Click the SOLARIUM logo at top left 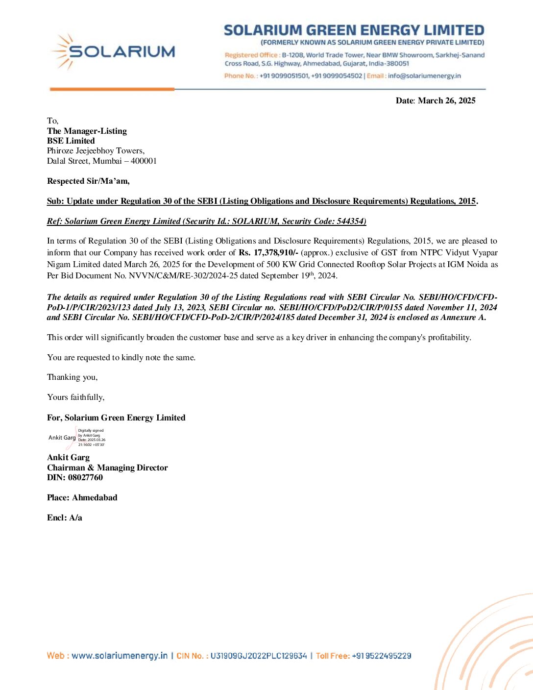[x=113, y=51]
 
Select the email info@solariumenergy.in [x=424, y=76]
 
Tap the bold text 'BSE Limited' [x=71, y=141]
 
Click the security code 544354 [x=350, y=222]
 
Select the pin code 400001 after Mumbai [x=144, y=161]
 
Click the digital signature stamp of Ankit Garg [x=77, y=438]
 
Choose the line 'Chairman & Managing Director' [x=107, y=468]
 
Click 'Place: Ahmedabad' [x=82, y=498]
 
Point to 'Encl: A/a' [x=65, y=518]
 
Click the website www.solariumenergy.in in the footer [x=120, y=656]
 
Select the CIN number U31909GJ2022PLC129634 [x=259, y=656]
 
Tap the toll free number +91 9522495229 [x=382, y=656]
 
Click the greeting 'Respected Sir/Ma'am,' [x=88, y=181]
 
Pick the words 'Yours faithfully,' [x=76, y=397]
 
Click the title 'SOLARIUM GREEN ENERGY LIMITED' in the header [x=354, y=31]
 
